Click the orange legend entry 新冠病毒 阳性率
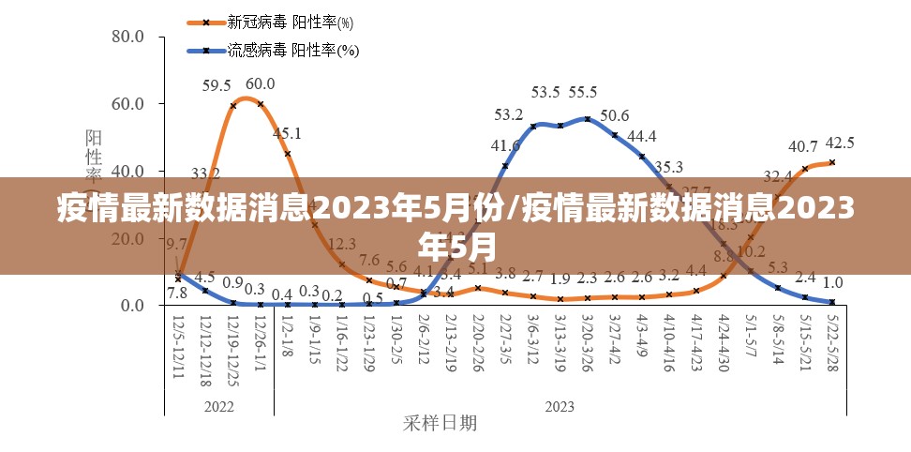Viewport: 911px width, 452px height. pos(272,22)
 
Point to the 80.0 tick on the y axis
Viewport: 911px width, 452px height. pos(127,37)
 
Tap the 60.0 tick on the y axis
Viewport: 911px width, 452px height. pos(127,104)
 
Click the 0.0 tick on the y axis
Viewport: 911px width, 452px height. pos(130,306)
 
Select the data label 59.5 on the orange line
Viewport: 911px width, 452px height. pos(217,86)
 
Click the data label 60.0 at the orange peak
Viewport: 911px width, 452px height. pos(261,83)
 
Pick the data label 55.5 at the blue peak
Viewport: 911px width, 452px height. pos(582,92)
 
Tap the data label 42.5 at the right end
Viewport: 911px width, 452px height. pos(839,143)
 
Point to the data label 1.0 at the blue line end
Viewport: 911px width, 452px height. pos(832,282)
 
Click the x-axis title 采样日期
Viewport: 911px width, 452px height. pos(441,423)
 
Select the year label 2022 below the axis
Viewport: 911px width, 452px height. pos(218,406)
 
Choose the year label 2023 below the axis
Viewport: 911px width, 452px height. pos(560,406)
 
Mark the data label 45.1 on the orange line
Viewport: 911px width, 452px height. pos(287,133)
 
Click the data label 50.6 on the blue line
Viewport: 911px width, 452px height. pos(615,115)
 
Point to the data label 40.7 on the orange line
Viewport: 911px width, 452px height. pos(803,146)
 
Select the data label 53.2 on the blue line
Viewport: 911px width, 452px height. pos(509,114)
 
